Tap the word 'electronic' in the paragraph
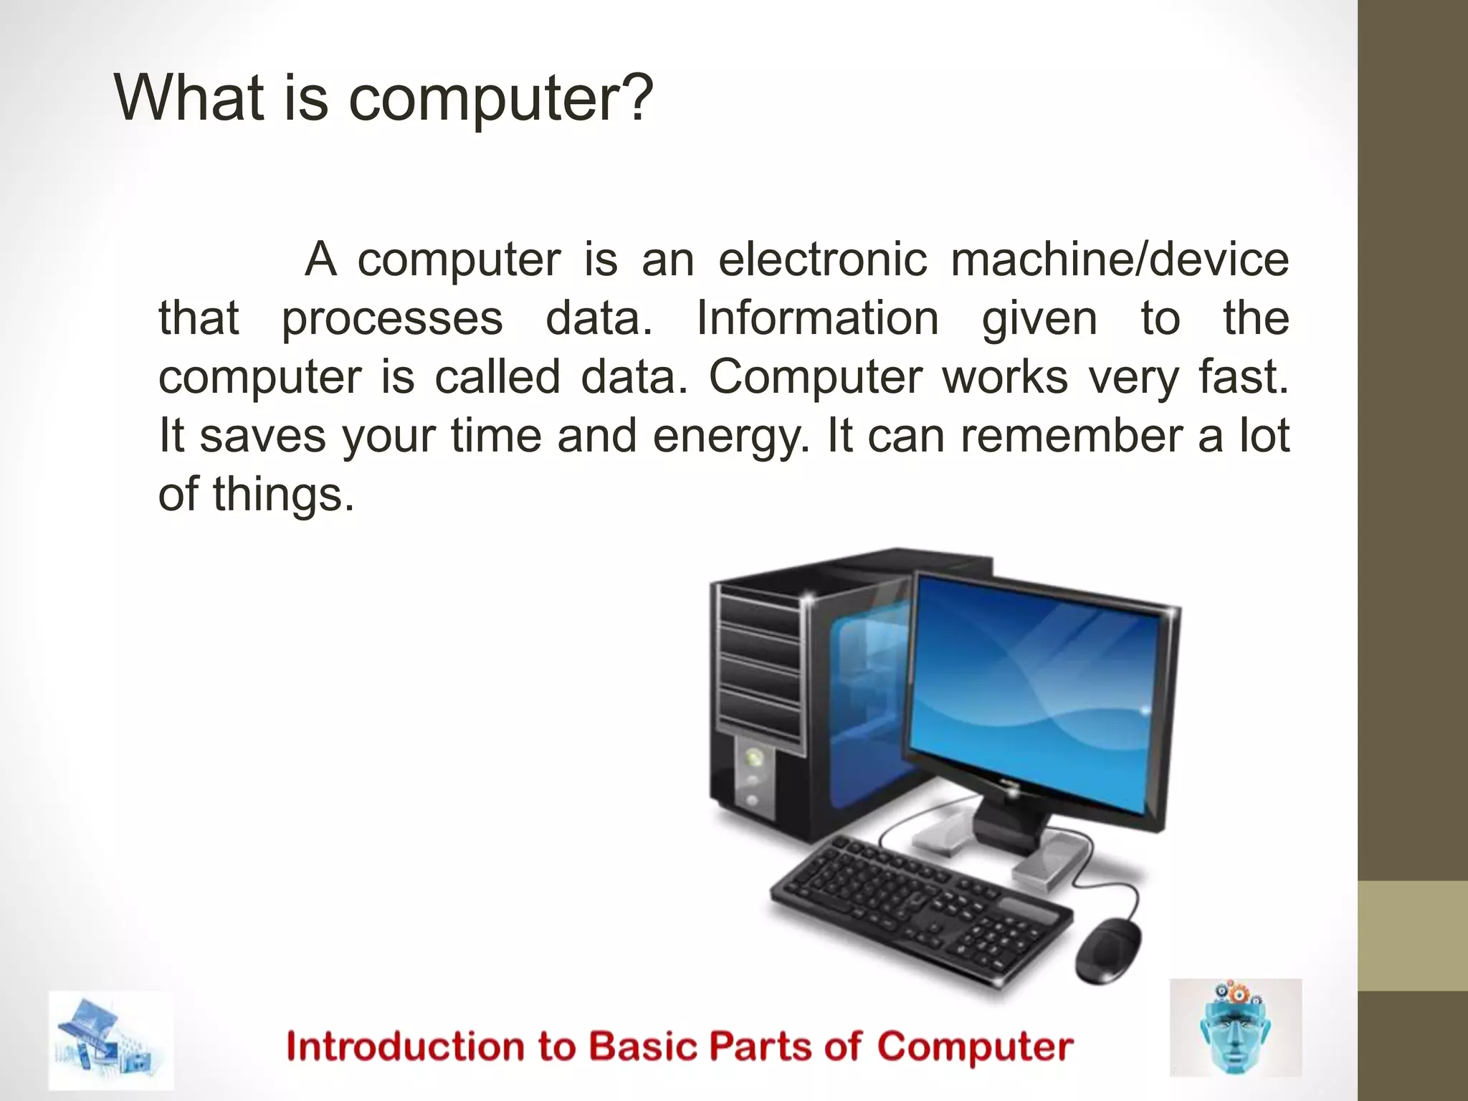pyautogui.click(x=822, y=259)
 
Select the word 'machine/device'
pyautogui.click(x=1120, y=259)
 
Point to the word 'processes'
pyautogui.click(x=392, y=320)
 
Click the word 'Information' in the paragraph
pyautogui.click(x=817, y=318)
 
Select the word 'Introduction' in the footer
pyautogui.click(x=406, y=1047)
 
